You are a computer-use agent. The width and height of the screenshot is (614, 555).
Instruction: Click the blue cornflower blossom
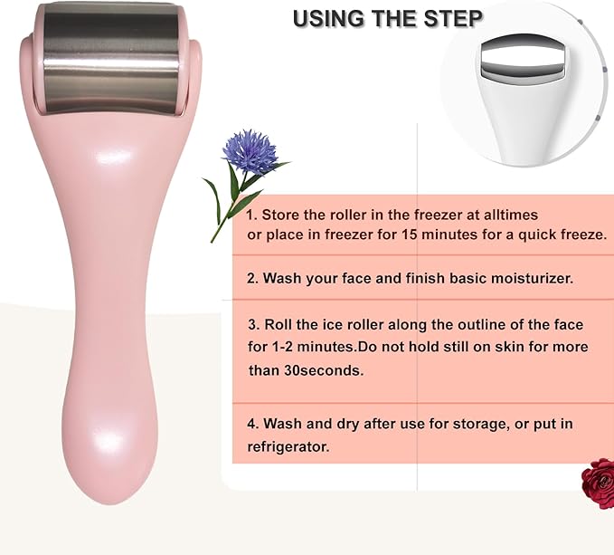250,151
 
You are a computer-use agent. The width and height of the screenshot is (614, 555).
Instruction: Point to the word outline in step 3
456,324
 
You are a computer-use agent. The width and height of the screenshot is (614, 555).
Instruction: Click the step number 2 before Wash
251,278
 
